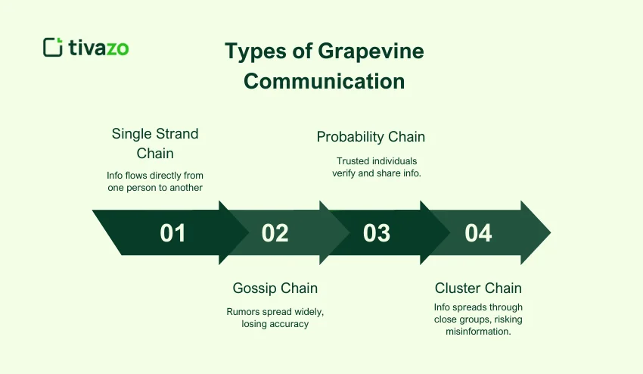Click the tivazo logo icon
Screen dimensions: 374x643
click(x=53, y=47)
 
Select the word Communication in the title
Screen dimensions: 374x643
click(x=325, y=81)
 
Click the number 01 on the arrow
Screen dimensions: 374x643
click(x=172, y=232)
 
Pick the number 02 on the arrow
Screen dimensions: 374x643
click(x=275, y=232)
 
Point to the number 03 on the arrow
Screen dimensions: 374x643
click(x=376, y=232)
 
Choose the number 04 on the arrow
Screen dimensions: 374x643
click(x=478, y=232)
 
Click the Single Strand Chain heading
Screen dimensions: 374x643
click(x=155, y=143)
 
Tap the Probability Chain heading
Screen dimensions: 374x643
click(x=371, y=137)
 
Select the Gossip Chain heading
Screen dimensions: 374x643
click(x=275, y=288)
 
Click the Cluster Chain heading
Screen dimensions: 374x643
click(x=478, y=288)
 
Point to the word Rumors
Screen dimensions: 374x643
click(x=244, y=311)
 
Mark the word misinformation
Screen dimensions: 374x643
click(x=478, y=332)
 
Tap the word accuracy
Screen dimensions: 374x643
click(x=292, y=323)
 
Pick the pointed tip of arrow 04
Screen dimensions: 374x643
click(x=549, y=232)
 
